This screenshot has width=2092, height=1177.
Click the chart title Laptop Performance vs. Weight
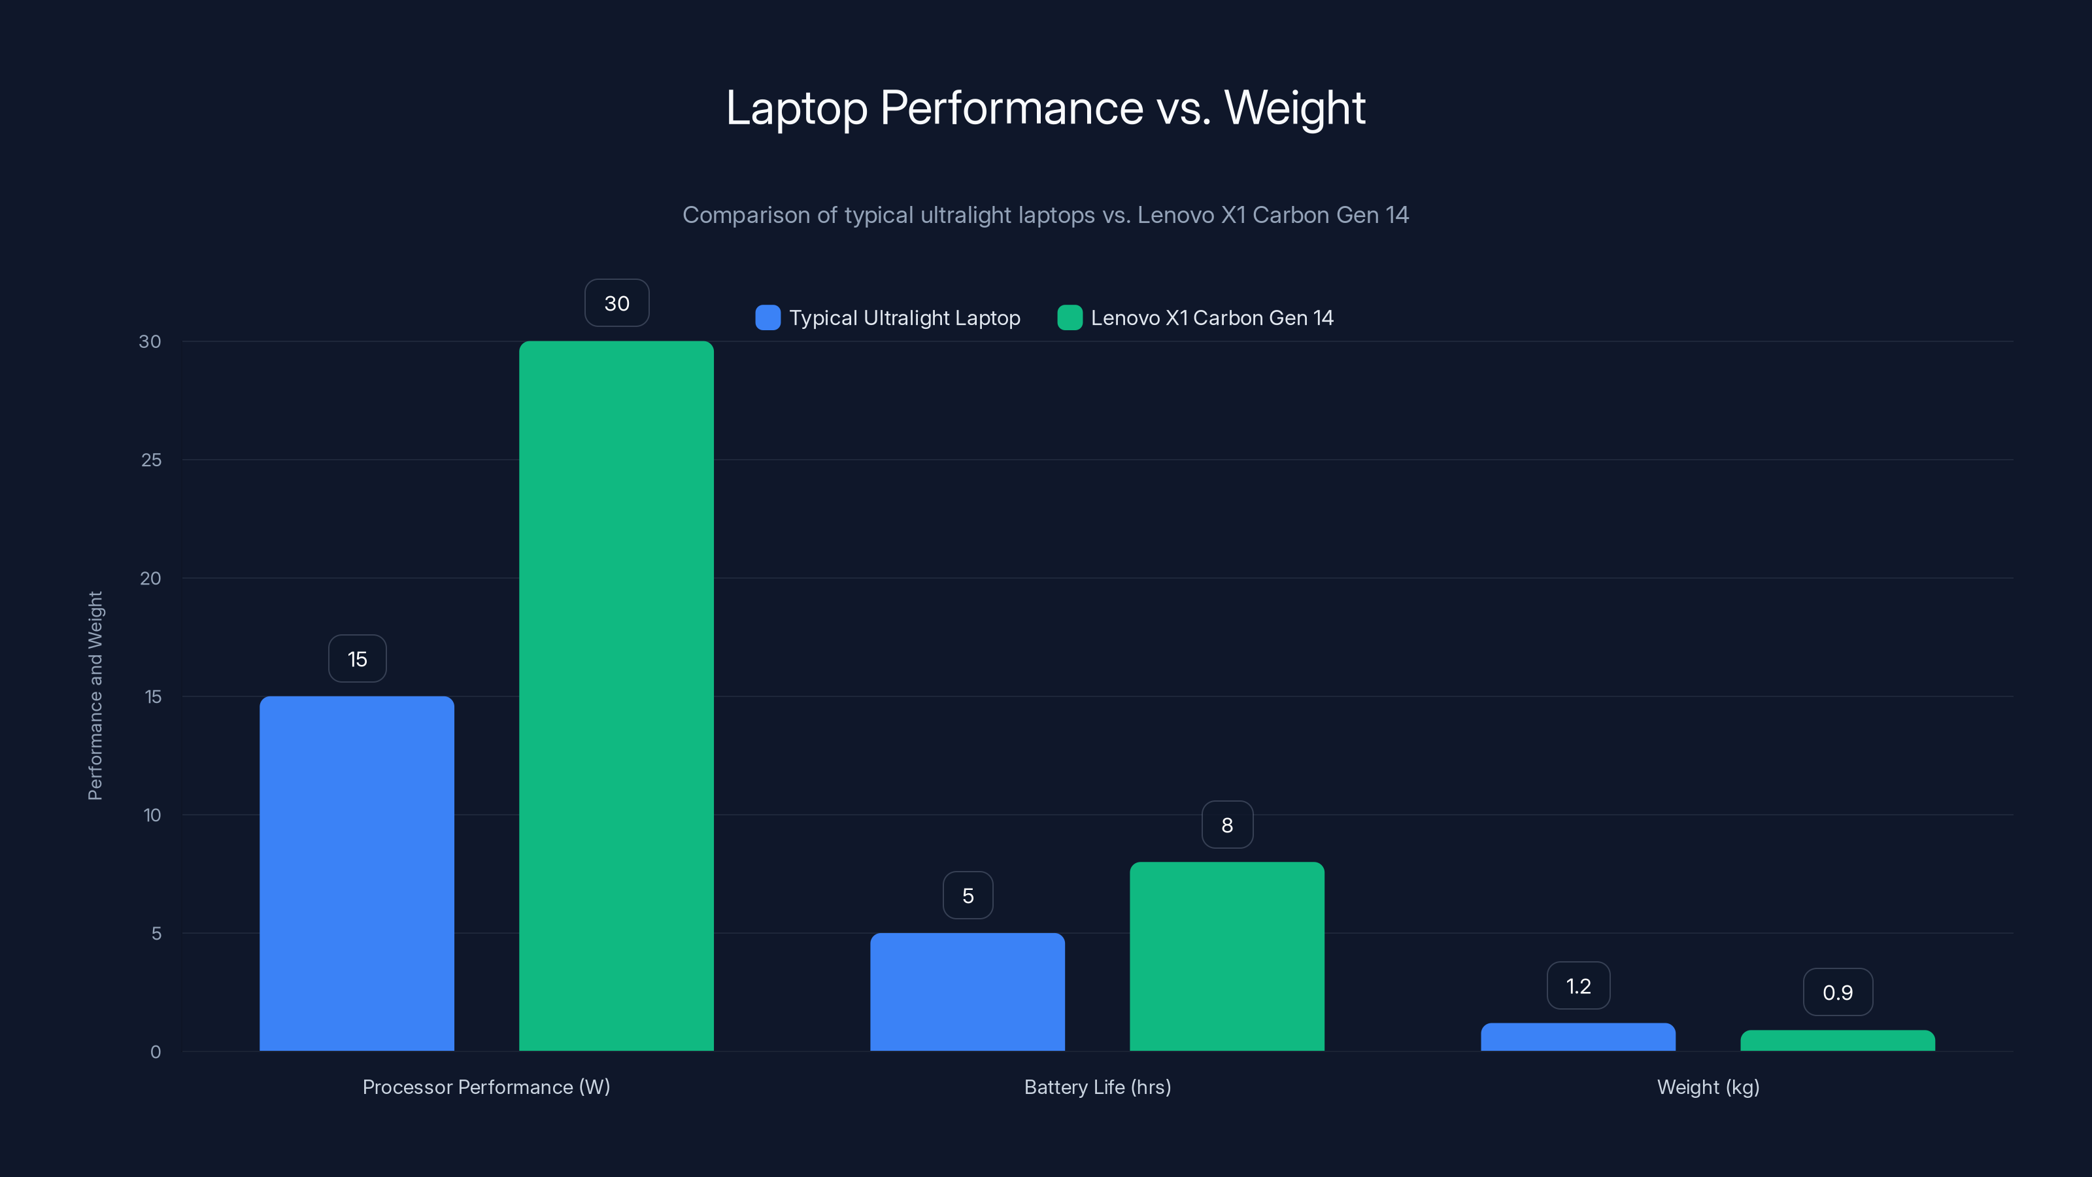pyautogui.click(x=1045, y=108)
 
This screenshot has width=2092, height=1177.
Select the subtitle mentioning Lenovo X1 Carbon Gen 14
pyautogui.click(x=1045, y=215)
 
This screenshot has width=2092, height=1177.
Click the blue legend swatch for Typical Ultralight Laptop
pyautogui.click(x=768, y=318)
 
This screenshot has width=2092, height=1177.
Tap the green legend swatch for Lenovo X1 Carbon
pyautogui.click(x=1070, y=318)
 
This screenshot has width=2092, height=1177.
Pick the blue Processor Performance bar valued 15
pyautogui.click(x=356, y=873)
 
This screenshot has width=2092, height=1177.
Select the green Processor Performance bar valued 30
pyautogui.click(x=616, y=696)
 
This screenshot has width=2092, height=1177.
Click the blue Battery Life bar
pyautogui.click(x=968, y=992)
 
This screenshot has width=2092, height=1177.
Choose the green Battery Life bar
pyautogui.click(x=1226, y=956)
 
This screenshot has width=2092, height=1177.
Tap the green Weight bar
pyautogui.click(x=1837, y=1040)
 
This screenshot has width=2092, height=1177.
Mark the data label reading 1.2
pyautogui.click(x=1578, y=986)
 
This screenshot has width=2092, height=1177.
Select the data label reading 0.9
pyautogui.click(x=1837, y=993)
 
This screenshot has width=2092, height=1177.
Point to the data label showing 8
pyautogui.click(x=1226, y=825)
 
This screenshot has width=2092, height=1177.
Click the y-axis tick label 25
pyautogui.click(x=151, y=460)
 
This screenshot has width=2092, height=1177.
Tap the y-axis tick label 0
pyautogui.click(x=155, y=1052)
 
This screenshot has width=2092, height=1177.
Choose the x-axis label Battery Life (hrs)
pyautogui.click(x=1097, y=1087)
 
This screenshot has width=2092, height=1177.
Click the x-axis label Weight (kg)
pyautogui.click(x=1708, y=1087)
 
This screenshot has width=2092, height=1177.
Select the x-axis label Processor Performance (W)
pyautogui.click(x=486, y=1087)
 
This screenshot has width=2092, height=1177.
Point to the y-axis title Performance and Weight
pyautogui.click(x=95, y=696)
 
